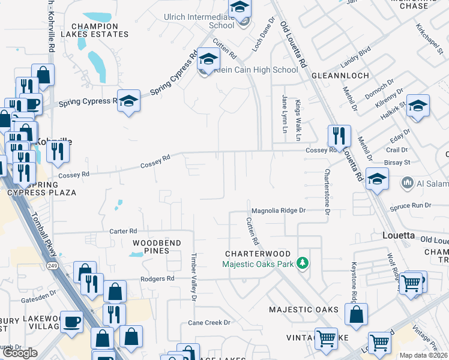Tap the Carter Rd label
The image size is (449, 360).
tap(123, 231)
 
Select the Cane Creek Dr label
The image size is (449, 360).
tap(209, 322)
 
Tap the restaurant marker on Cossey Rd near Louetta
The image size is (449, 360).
tap(339, 136)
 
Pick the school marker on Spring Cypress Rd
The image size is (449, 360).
tap(128, 100)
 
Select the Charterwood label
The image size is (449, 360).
tap(258, 254)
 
